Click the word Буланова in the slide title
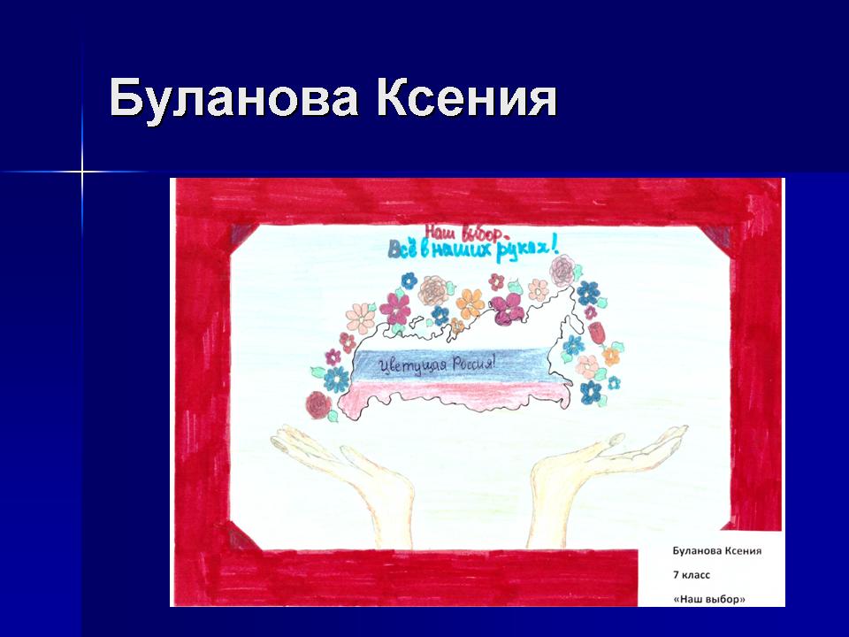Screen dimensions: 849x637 [x=233, y=98]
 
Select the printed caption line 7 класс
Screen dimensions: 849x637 [x=692, y=575]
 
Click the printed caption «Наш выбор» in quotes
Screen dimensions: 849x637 [x=709, y=600]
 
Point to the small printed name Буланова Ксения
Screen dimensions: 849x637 [x=717, y=551]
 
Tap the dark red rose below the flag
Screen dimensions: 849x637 [x=317, y=404]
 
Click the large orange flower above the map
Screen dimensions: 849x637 [x=470, y=303]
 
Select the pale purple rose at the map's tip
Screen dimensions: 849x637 [x=562, y=270]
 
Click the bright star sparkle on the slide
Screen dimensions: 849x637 [x=82, y=173]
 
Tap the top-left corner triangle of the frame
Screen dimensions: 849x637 [x=242, y=236]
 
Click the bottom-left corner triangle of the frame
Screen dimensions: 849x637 [x=241, y=537]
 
